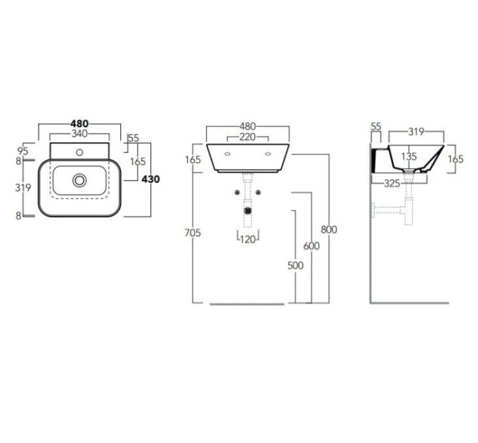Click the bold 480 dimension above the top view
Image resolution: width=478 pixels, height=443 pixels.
coord(79,124)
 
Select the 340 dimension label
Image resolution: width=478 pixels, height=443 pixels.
coord(79,134)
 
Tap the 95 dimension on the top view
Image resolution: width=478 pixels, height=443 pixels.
coord(23,151)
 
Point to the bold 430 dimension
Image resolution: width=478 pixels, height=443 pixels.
coord(151,179)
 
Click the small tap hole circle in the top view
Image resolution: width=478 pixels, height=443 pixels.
coord(79,153)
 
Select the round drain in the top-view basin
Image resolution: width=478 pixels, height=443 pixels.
coord(79,180)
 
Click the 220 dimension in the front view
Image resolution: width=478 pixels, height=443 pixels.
coord(247,137)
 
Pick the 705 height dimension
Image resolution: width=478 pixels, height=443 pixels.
coord(193,233)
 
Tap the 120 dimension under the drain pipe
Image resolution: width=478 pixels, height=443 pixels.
coord(247,240)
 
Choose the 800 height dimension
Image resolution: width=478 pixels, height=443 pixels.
coord(329,229)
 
